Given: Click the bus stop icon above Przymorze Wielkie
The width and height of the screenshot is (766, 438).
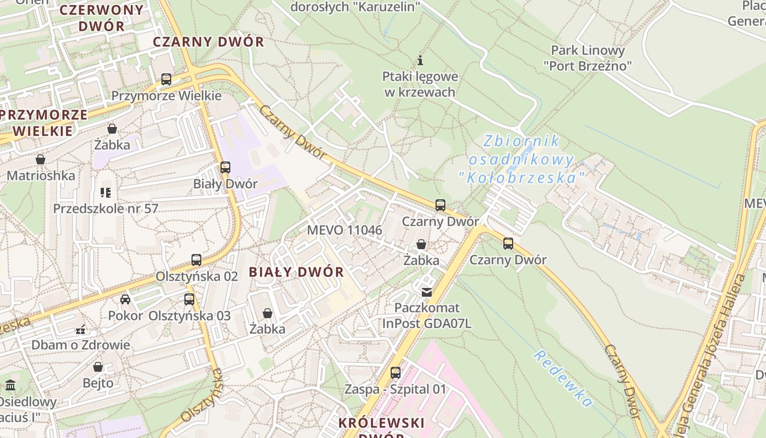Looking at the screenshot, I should click(166, 79).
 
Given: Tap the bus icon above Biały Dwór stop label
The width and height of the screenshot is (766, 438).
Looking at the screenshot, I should click(225, 168).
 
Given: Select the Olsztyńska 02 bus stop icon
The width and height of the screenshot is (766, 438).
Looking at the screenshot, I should click(196, 260).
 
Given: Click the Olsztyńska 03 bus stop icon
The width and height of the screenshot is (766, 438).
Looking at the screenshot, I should click(189, 299).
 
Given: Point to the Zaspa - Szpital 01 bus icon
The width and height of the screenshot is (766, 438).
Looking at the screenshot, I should click(396, 373).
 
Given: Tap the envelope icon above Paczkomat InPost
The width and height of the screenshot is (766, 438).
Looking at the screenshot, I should click(426, 292).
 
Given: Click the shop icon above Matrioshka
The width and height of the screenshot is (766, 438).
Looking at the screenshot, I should click(40, 159).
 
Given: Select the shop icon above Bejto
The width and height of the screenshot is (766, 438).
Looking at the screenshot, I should click(98, 366).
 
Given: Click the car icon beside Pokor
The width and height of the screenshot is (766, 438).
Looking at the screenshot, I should click(125, 299).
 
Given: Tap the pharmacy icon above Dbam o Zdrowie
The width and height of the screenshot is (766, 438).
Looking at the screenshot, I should click(80, 330).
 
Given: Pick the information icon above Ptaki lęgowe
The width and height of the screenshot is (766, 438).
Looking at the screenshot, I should click(420, 60).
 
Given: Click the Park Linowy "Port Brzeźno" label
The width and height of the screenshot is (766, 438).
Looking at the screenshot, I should click(588, 58).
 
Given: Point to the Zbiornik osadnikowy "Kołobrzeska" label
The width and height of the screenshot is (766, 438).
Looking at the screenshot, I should click(521, 159).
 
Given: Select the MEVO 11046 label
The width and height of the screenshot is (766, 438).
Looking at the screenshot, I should click(344, 230).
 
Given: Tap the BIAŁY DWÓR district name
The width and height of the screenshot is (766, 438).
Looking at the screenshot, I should click(296, 272).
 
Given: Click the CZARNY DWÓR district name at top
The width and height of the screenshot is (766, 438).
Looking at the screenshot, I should click(208, 42).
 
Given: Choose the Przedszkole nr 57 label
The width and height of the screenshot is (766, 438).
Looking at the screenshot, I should click(106, 209).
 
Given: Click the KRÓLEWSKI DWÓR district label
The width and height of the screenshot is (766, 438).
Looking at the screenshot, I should click(381, 423).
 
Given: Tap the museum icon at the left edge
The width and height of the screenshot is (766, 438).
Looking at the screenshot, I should click(10, 385).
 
